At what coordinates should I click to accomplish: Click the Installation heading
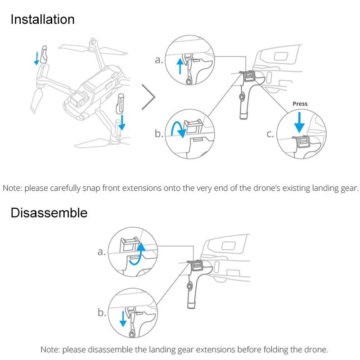pyautogui.click(x=42, y=19)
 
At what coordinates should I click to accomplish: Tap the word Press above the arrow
pyautogui.click(x=300, y=103)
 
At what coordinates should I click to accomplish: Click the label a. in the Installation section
pyautogui.click(x=159, y=60)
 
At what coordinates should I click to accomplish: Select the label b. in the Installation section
pyautogui.click(x=159, y=134)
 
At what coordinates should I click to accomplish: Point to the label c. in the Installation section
pyautogui.click(x=270, y=134)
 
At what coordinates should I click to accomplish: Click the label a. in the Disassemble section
pyautogui.click(x=102, y=252)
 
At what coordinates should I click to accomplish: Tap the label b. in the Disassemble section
pyautogui.click(x=102, y=313)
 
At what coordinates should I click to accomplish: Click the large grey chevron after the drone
pyautogui.click(x=149, y=96)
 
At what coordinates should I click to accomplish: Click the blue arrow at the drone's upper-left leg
pyautogui.click(x=36, y=58)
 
